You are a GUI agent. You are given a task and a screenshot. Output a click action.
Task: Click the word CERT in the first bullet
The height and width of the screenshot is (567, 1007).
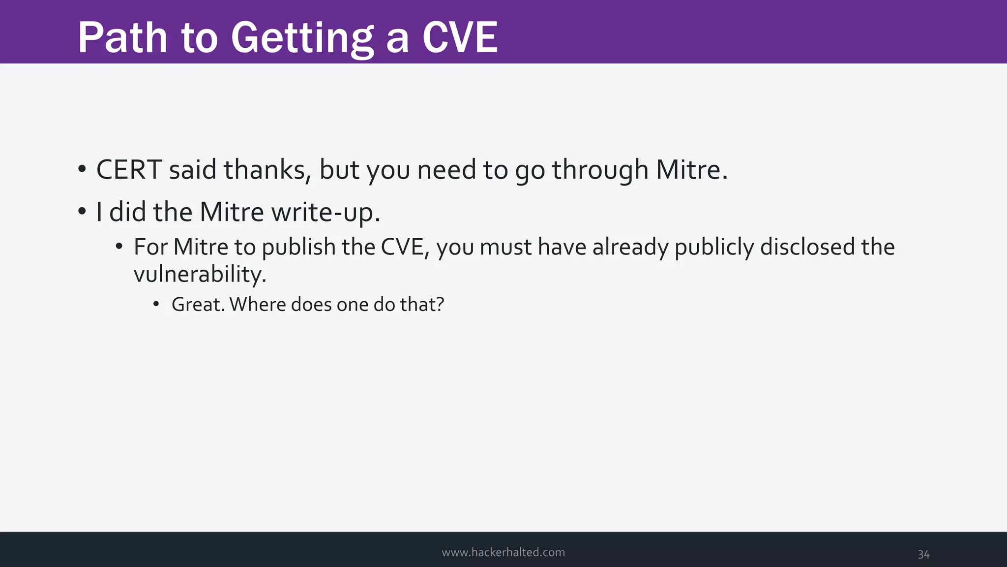129,170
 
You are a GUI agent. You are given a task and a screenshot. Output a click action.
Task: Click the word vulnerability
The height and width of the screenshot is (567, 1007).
200,274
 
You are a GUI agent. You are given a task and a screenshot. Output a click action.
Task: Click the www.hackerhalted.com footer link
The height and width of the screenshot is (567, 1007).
503,552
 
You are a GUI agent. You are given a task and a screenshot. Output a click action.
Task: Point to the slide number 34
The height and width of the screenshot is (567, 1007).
923,555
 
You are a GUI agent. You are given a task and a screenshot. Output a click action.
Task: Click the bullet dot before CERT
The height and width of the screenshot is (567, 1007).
82,170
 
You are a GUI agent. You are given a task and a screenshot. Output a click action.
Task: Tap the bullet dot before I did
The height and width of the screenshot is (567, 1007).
82,213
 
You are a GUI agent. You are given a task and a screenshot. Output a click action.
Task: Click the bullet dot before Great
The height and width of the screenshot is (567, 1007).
156,305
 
